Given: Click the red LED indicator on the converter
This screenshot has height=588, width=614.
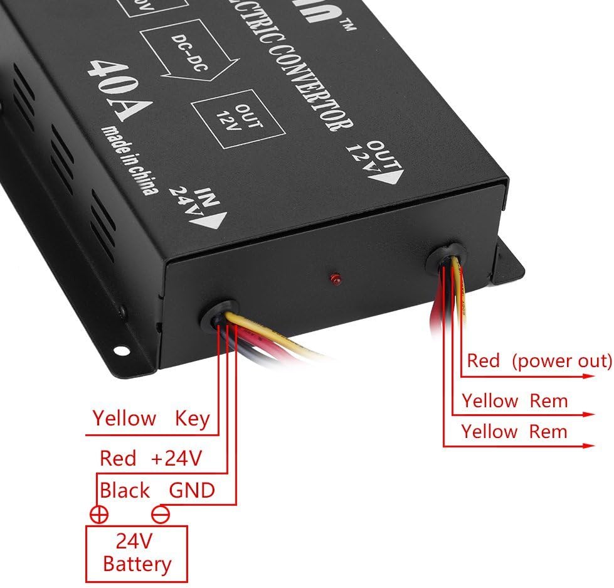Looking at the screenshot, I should click(334, 277).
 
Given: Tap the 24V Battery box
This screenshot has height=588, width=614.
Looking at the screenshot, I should click(137, 553).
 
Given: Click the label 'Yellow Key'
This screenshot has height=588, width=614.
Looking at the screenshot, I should click(151, 418).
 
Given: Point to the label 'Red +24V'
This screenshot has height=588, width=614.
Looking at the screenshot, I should click(151, 459).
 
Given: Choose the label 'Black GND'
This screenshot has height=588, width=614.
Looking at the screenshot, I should click(157, 490).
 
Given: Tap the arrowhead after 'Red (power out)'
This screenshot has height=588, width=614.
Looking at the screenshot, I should click(589, 377).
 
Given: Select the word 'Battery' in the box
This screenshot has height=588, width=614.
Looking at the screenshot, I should click(137, 564).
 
